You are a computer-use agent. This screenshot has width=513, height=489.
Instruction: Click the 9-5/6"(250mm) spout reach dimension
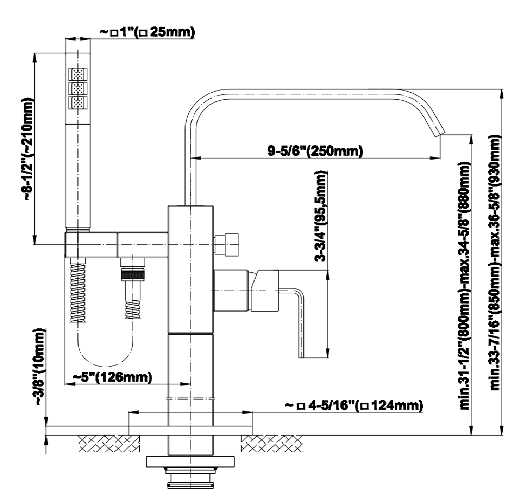(x=315, y=150)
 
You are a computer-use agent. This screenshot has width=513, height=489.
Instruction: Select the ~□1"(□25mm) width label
(x=147, y=33)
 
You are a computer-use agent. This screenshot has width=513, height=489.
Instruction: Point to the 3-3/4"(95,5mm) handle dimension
(x=320, y=216)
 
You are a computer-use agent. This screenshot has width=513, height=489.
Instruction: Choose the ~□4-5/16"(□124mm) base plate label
(x=353, y=405)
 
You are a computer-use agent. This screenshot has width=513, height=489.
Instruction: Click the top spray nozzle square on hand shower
(x=78, y=74)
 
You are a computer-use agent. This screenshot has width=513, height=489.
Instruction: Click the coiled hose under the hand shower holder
(x=78, y=291)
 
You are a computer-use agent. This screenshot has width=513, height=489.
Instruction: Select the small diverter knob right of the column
(x=227, y=245)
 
